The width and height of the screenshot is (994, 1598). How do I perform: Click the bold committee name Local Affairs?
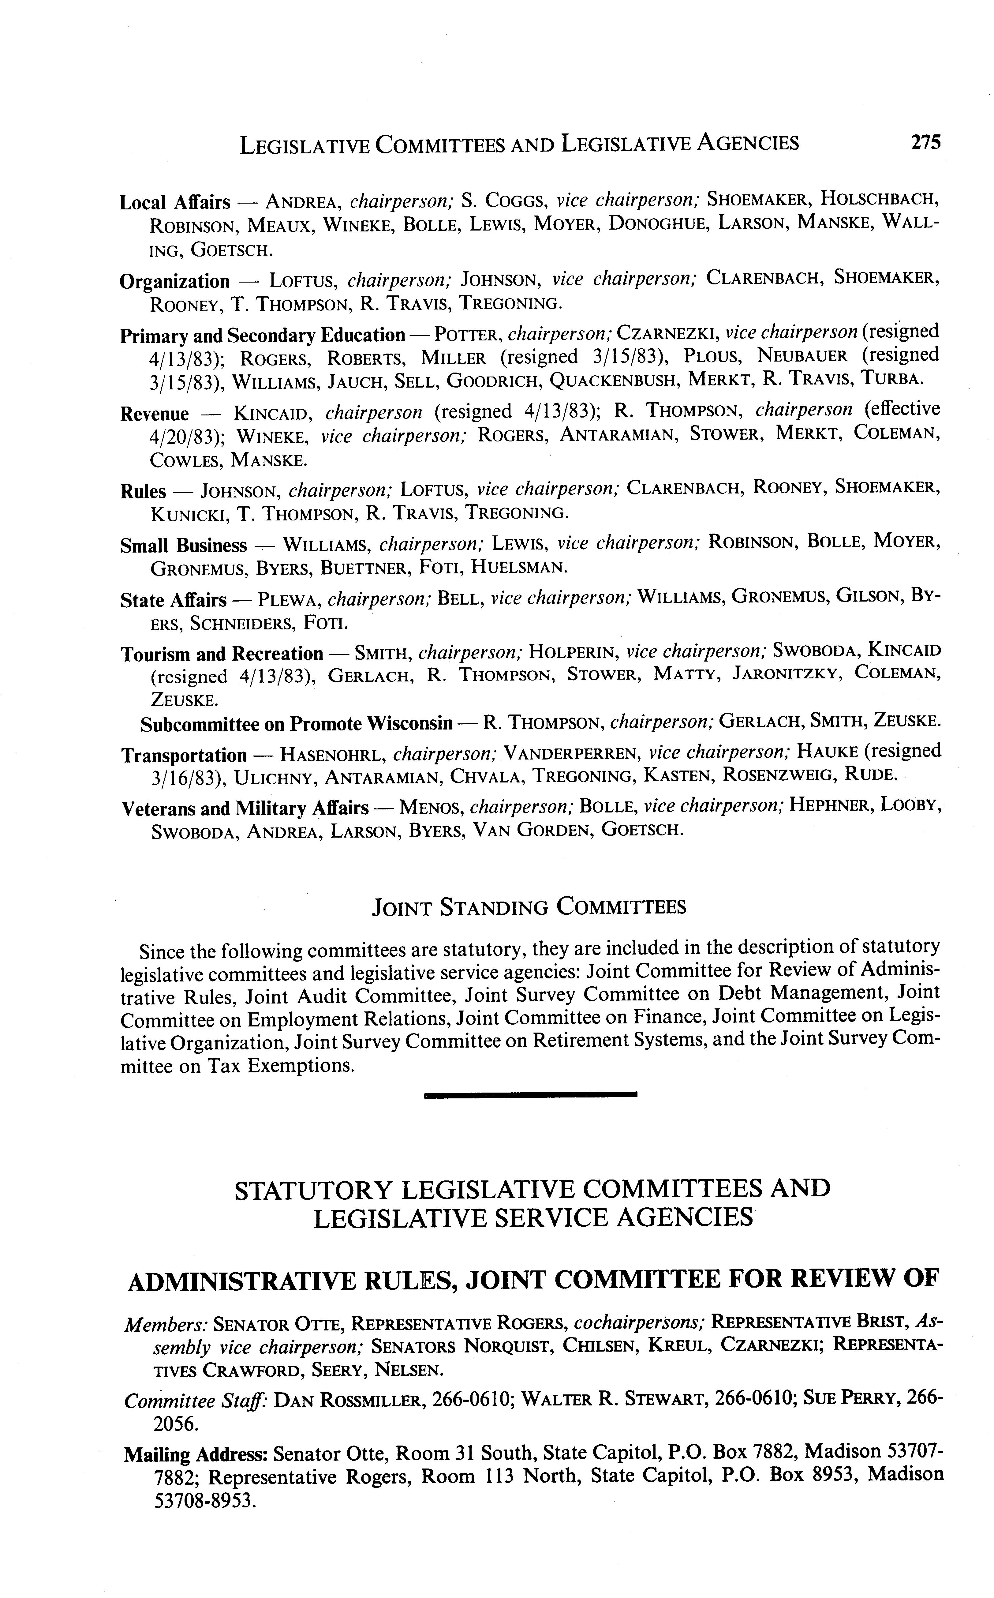[175, 202]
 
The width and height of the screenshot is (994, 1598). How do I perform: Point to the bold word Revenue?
[155, 414]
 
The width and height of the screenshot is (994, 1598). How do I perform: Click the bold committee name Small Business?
[183, 546]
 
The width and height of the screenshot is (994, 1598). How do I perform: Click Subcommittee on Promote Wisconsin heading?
[297, 724]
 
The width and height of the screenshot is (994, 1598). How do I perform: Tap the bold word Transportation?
[184, 755]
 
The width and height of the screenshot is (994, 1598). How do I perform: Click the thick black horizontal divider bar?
[531, 1094]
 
